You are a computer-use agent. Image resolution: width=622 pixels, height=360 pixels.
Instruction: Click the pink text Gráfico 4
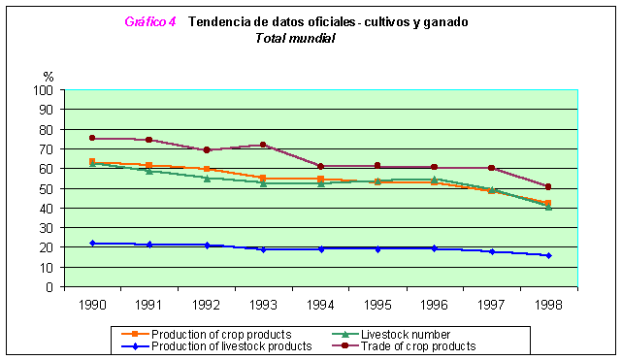150,21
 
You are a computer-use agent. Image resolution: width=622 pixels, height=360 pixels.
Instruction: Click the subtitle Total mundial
295,38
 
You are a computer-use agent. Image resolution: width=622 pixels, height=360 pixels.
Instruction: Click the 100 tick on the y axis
43,90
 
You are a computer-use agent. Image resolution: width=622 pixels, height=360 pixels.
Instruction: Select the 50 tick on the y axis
46,188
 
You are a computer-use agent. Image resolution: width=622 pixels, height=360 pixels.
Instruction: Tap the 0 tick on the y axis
49,287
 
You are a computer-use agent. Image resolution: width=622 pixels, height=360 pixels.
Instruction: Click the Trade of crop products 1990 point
91,138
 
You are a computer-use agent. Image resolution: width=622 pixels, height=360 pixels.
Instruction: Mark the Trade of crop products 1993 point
263,145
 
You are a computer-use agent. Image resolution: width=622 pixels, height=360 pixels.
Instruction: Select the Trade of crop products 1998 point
548,186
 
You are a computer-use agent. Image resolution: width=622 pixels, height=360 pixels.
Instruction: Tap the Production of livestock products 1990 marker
91,244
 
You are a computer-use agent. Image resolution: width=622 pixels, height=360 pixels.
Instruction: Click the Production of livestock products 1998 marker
548,255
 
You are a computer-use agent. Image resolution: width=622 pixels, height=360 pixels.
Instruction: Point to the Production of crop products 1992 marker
206,169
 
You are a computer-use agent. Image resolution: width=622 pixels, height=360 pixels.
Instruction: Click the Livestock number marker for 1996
434,179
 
